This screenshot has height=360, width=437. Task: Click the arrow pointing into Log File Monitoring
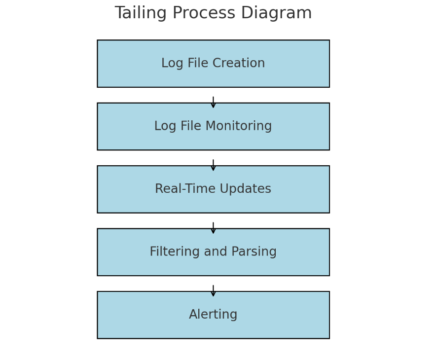click(x=213, y=102)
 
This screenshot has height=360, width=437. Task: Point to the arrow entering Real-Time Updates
click(x=213, y=165)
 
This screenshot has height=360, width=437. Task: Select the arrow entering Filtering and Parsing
click(x=213, y=228)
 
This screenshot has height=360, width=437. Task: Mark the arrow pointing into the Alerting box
click(x=213, y=290)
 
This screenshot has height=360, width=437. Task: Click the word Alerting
click(x=213, y=315)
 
